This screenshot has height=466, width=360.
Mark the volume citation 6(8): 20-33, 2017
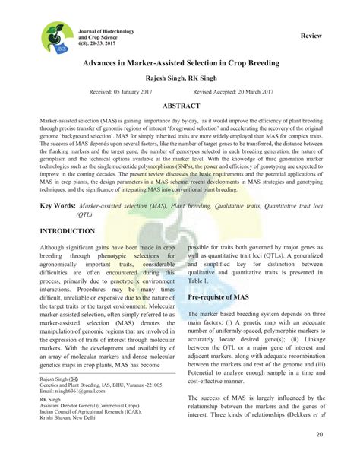(x=96, y=43)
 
